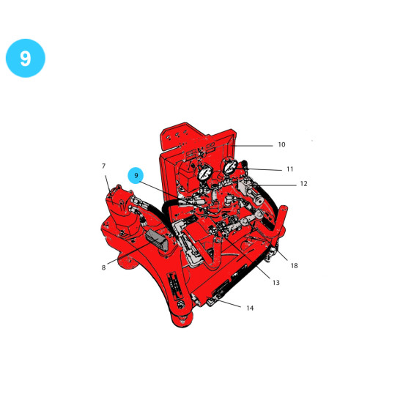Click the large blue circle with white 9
click(26, 58)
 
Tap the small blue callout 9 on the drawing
click(136, 175)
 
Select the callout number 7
click(103, 166)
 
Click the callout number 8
click(103, 267)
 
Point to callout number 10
click(281, 144)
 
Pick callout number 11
click(290, 169)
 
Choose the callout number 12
click(303, 184)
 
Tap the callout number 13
click(276, 283)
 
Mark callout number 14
click(250, 308)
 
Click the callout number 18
click(295, 265)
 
